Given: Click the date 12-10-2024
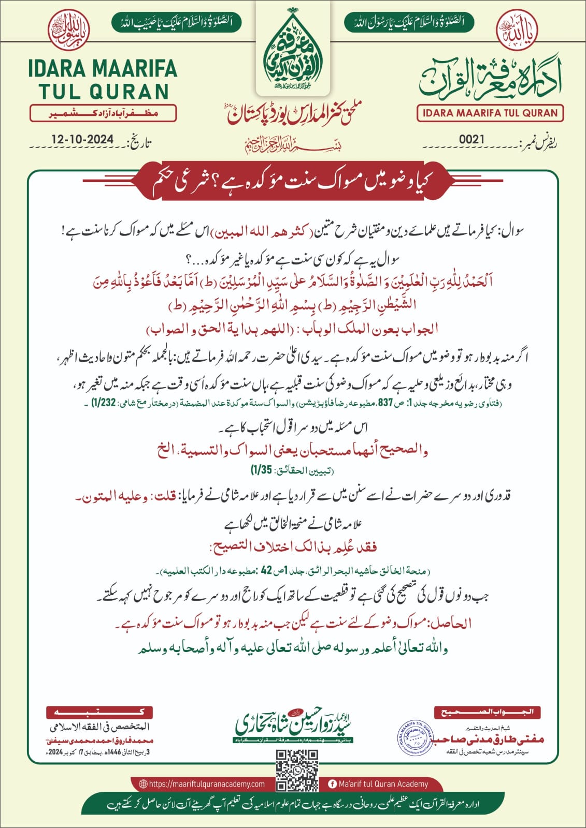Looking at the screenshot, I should (82, 139).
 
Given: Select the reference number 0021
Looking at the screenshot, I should (471, 139).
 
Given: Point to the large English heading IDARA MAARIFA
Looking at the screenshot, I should (103, 68).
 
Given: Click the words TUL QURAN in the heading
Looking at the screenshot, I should (104, 92).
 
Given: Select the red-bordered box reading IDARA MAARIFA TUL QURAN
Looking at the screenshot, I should (490, 113).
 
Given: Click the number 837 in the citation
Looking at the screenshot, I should (385, 403).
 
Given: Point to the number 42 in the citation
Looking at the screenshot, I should (266, 570).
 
